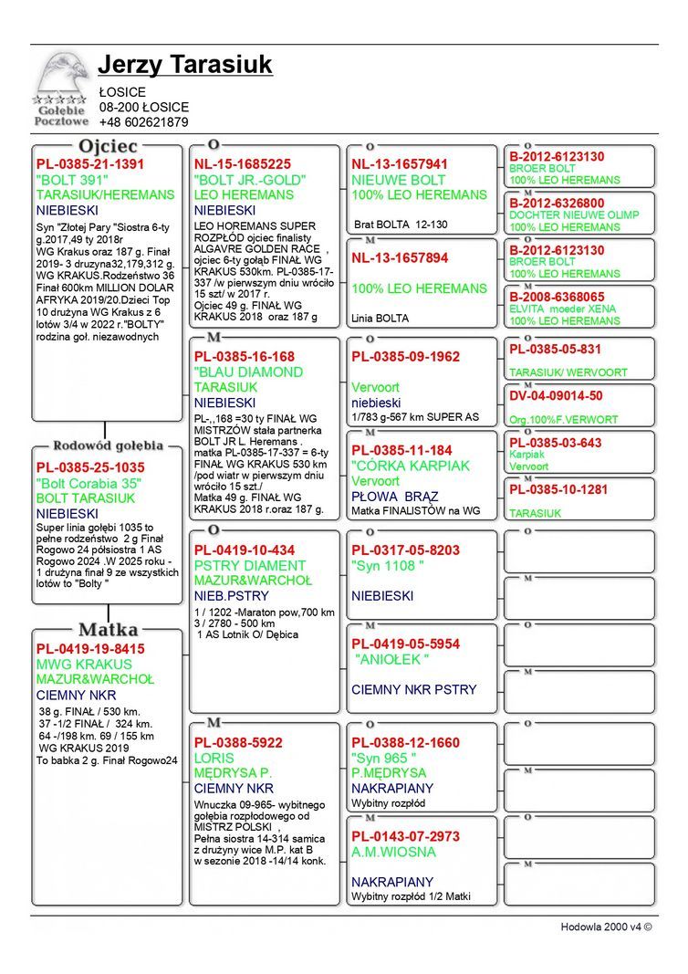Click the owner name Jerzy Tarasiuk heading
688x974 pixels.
click(184, 66)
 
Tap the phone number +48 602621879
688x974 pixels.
click(143, 122)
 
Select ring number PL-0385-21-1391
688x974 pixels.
click(89, 164)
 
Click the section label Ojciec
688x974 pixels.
click(108, 146)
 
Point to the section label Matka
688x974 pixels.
click(108, 630)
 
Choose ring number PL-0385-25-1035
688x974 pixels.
click(89, 467)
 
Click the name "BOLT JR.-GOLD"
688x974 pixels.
click(249, 180)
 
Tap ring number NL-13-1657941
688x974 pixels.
click(400, 164)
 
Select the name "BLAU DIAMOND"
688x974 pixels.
click(248, 372)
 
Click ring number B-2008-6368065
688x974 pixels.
click(557, 297)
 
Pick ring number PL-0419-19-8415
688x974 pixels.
click(89, 649)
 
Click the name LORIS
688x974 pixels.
click(214, 758)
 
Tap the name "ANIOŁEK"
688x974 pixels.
click(392, 659)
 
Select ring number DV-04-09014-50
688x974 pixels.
click(556, 395)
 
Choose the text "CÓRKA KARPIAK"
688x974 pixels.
click(411, 466)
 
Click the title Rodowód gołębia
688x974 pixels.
click(108, 445)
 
